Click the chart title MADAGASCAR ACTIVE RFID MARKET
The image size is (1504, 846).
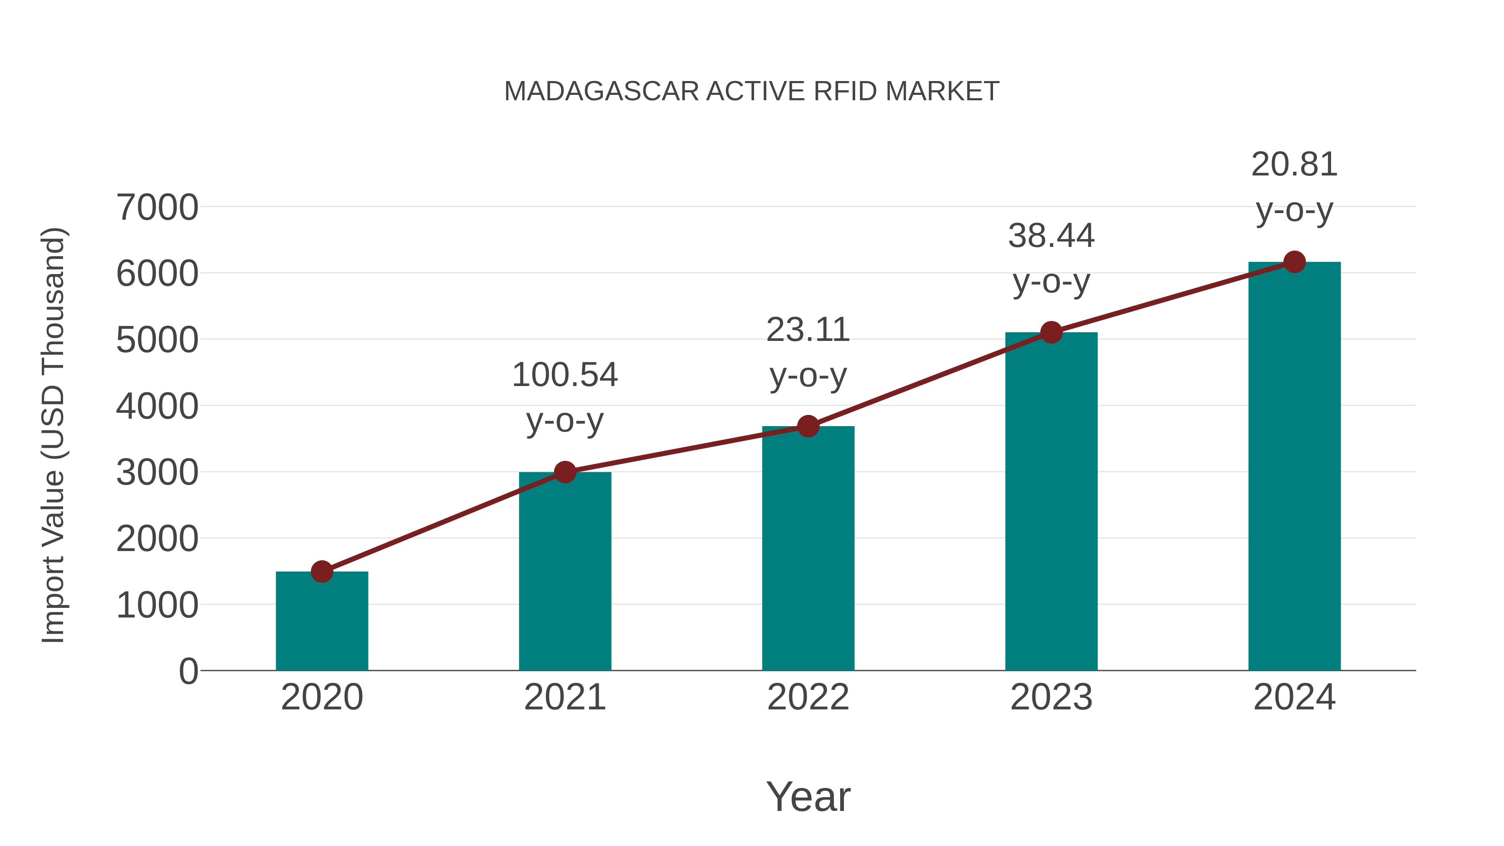[752, 91]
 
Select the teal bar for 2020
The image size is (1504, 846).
[322, 621]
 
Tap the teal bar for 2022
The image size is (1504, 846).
[808, 549]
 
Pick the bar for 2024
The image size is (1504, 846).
[1294, 467]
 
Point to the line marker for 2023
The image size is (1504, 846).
[1051, 332]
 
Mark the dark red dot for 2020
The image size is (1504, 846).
[322, 571]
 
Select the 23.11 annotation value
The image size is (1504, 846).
[808, 330]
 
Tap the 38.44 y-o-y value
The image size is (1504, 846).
[1051, 236]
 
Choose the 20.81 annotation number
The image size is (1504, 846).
[1294, 164]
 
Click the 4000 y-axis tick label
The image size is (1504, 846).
[157, 406]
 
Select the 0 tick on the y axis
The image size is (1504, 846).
[188, 671]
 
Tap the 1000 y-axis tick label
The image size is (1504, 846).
[157, 605]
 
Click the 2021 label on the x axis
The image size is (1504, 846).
[564, 697]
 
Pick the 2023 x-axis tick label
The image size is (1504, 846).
[1051, 697]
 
